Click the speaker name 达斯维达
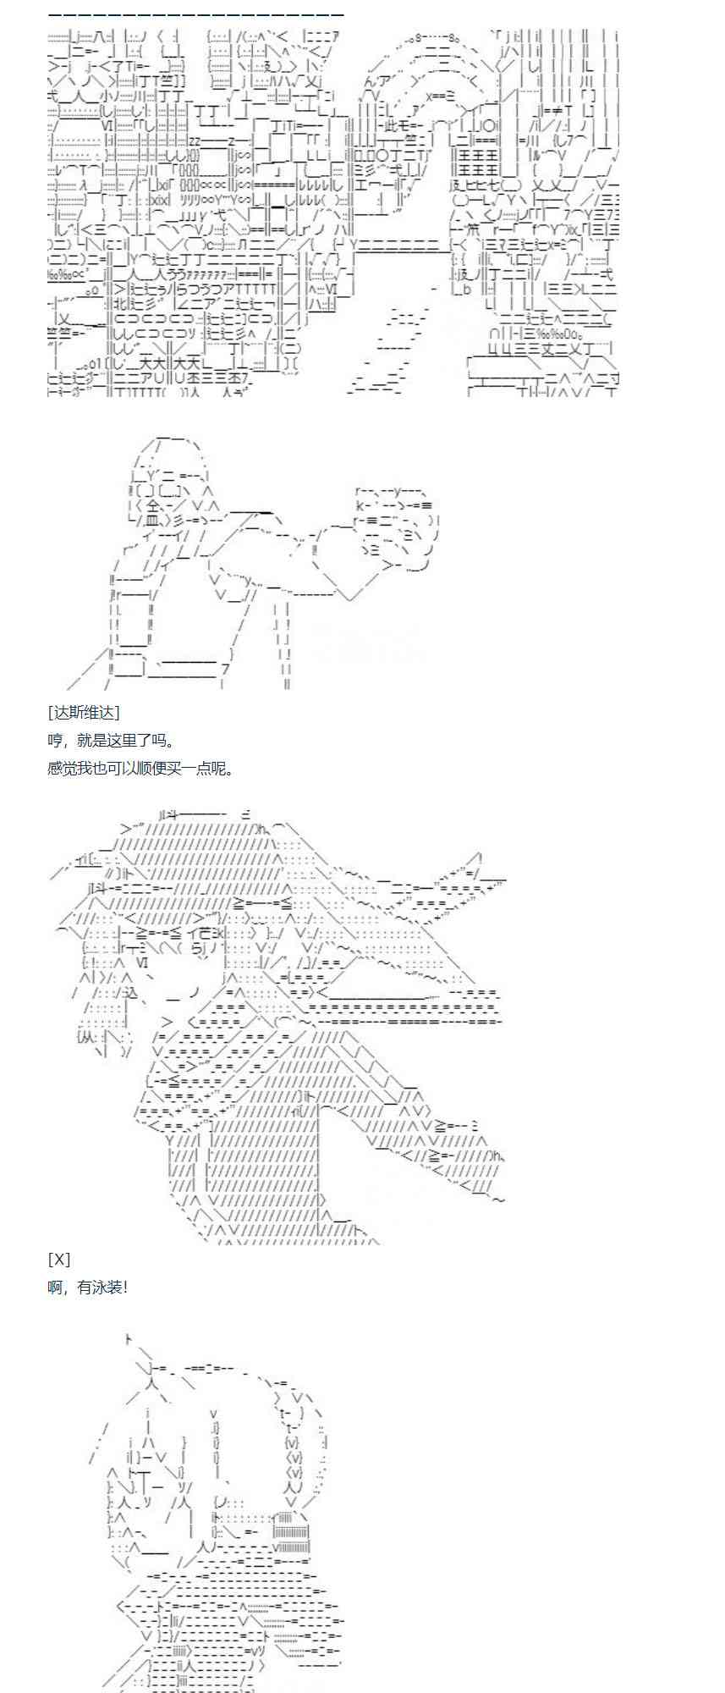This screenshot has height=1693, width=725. pos(84,713)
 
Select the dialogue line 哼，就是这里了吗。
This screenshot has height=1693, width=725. pos(111,741)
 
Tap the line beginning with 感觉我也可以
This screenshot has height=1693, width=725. pos(140,769)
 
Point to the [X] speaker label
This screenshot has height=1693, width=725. pos(59,1260)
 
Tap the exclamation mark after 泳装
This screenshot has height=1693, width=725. pos(125,1288)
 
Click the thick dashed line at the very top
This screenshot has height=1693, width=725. pos(195,15)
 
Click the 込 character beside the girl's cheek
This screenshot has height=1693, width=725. pos(128,992)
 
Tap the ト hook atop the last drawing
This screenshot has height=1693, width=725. pos(128,1339)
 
